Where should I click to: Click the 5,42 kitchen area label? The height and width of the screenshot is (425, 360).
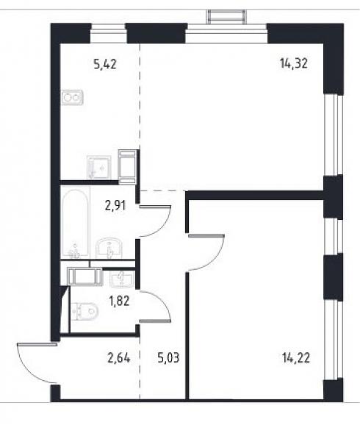click(x=105, y=65)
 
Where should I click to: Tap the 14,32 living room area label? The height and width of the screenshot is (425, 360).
click(x=294, y=64)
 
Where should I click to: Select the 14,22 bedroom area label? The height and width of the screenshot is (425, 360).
click(x=296, y=358)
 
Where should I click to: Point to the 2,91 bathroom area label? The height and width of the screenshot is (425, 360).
click(x=115, y=205)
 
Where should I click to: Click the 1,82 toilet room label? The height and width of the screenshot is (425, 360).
click(x=119, y=301)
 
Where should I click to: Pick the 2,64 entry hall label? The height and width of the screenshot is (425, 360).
click(x=119, y=358)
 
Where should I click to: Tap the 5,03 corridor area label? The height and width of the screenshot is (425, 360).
click(x=168, y=358)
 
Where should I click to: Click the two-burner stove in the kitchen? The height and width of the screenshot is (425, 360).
click(x=72, y=97)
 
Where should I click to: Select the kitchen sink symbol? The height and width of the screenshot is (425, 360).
click(x=99, y=167)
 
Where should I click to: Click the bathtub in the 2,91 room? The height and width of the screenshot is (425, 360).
click(x=76, y=223)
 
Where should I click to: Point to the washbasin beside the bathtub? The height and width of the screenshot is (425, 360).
click(x=109, y=248)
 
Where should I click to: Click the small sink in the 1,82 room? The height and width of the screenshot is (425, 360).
click(x=122, y=279)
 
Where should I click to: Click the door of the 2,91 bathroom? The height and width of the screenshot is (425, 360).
click(x=155, y=221)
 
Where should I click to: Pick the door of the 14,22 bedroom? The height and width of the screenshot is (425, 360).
click(x=206, y=252)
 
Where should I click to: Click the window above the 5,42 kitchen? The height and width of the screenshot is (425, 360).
click(x=108, y=33)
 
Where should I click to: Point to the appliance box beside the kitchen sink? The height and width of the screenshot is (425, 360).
click(x=127, y=167)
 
